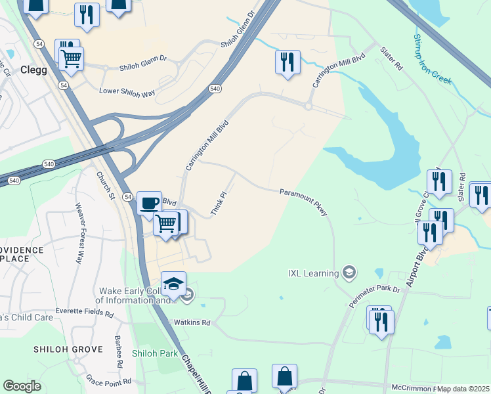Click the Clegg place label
[33, 70]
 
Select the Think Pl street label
[219, 204]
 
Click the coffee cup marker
[150, 202]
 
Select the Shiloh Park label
[154, 353]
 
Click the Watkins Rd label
[191, 322]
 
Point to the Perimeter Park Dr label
[374, 293]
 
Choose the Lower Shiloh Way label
[127, 93]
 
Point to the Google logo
[22, 386]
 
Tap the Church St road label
[105, 186]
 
